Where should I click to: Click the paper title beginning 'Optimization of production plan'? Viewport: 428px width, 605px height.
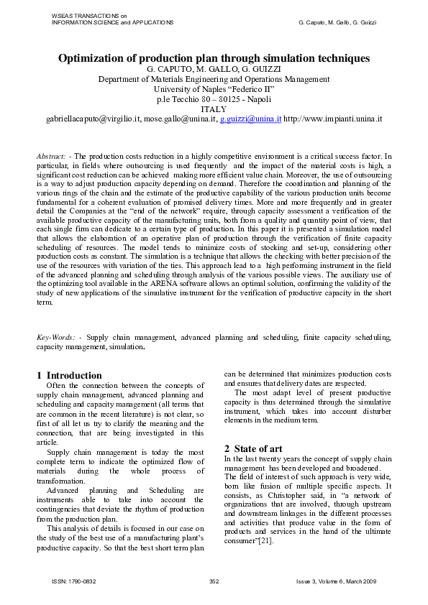click(214, 57)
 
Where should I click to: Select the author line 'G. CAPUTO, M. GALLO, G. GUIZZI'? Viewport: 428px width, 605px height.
click(214, 69)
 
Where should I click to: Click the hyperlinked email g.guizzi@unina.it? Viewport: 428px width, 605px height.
click(250, 117)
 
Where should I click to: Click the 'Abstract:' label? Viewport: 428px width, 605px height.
click(53, 156)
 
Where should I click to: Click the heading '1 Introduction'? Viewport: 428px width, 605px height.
click(69, 375)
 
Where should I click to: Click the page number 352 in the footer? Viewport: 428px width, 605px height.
click(214, 580)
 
